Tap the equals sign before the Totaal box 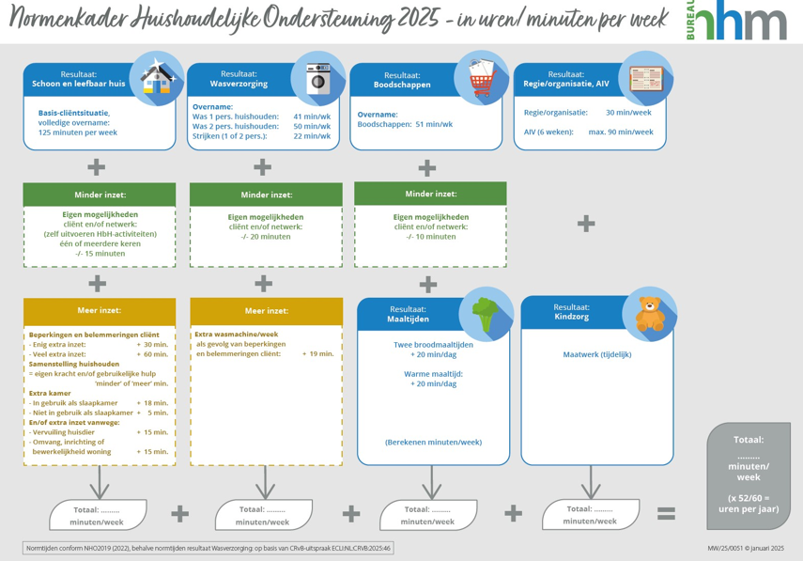[x=665, y=513]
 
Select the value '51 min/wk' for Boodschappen [x=434, y=124]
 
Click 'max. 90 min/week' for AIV [x=621, y=132]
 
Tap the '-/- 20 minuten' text [x=264, y=237]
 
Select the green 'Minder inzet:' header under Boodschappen [x=429, y=195]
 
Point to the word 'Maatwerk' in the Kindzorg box [x=579, y=354]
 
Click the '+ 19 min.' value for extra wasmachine [x=317, y=354]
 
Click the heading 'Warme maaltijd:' [x=433, y=373]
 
